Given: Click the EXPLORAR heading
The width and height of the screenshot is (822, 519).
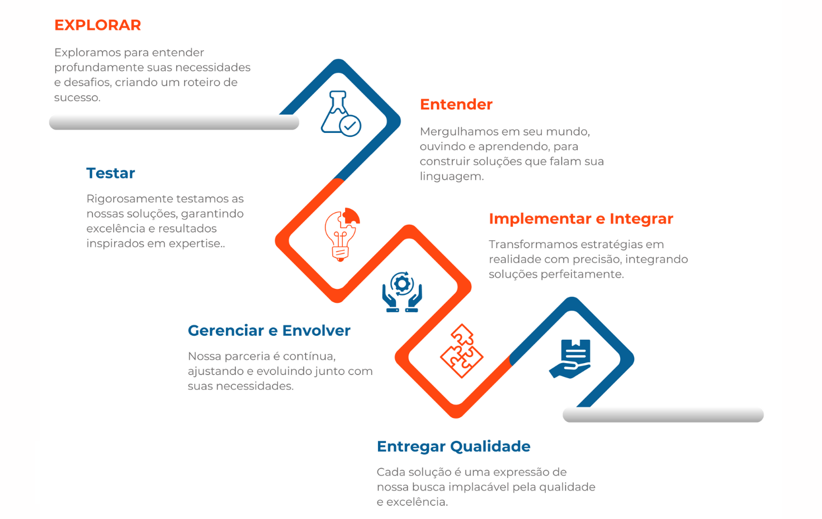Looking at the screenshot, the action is tap(98, 25).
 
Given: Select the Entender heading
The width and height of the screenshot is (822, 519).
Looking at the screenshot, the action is tap(456, 104).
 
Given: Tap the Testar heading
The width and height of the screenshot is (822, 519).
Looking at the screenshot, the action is tap(111, 173).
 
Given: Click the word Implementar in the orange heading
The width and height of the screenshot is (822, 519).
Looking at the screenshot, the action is tap(540, 219).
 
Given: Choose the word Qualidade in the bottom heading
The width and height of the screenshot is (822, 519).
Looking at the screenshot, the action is tap(490, 446).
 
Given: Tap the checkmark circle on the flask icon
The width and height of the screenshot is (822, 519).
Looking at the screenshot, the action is tap(350, 126).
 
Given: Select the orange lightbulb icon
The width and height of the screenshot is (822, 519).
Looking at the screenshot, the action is tap(342, 235).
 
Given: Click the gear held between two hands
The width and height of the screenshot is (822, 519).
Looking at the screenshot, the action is tap(402, 284).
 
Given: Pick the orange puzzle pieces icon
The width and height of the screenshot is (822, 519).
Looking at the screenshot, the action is tap(462, 351).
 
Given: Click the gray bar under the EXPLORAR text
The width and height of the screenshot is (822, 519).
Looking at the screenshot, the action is tap(174, 122).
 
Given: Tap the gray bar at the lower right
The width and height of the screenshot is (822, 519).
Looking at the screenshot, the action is tap(663, 415).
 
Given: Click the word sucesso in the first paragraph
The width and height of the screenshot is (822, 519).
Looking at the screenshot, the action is tap(77, 98).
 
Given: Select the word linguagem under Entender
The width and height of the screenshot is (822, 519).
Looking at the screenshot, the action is tap(452, 177).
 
